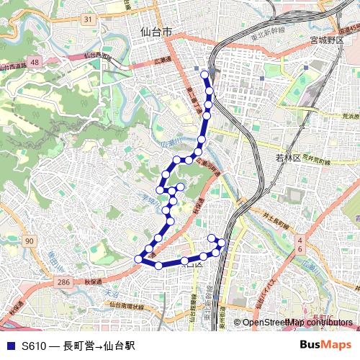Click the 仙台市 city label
[156, 32]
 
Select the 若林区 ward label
[287, 158]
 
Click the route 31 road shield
[87, 19]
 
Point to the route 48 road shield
[35, 63]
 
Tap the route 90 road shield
[29, 240]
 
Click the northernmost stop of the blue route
[205, 73]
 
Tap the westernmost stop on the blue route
[138, 258]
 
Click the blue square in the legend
[10, 346]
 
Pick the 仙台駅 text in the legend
[120, 346]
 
